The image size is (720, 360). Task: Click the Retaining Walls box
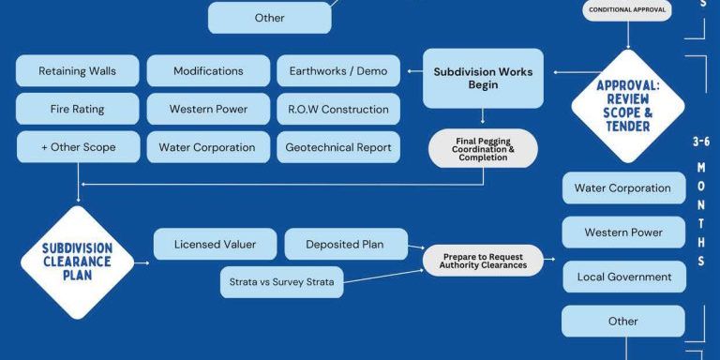tap(77, 71)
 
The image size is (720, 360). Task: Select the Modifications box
tap(208, 71)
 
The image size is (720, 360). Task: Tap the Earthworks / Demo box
tap(338, 71)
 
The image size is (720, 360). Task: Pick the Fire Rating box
tap(77, 109)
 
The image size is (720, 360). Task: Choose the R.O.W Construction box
tap(338, 109)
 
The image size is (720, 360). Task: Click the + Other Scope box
tap(77, 147)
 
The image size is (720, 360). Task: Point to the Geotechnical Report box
tap(338, 147)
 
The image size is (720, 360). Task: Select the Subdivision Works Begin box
tap(483, 78)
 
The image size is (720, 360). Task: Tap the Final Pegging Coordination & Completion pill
tap(483, 148)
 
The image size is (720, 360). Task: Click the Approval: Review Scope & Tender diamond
tap(628, 106)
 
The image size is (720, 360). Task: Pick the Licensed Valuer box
tap(215, 245)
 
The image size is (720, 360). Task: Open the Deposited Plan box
tap(346, 245)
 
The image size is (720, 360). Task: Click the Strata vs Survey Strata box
tap(281, 281)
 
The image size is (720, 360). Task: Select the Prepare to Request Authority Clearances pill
tap(483, 260)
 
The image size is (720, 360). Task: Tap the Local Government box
tap(622, 277)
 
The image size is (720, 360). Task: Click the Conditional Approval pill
tap(627, 10)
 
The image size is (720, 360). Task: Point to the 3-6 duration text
tap(700, 142)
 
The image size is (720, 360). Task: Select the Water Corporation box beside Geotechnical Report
tap(208, 147)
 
